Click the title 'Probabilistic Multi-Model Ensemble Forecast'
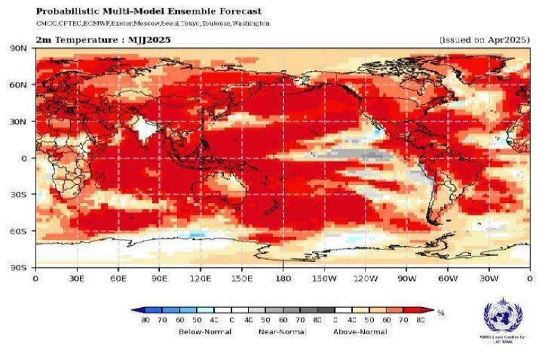click(149, 11)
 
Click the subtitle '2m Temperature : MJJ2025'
click(103, 40)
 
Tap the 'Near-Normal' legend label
click(283, 332)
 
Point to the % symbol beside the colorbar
click(441, 313)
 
